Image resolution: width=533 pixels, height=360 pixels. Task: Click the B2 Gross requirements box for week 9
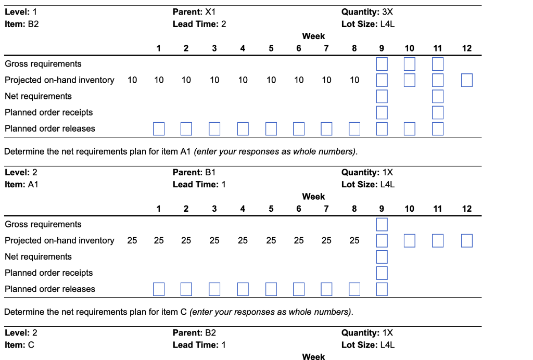tap(382, 64)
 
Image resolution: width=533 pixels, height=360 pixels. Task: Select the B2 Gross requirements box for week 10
tap(410, 64)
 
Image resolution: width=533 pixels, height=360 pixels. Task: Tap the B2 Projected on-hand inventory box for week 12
tap(466, 80)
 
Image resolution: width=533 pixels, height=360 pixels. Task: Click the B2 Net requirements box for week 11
tap(438, 96)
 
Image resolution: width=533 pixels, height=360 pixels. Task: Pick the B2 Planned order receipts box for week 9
tap(382, 112)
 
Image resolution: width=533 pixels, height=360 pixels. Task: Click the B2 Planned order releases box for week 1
tap(159, 128)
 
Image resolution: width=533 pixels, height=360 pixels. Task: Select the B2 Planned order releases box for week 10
tap(410, 128)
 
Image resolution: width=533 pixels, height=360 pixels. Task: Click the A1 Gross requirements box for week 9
tap(382, 224)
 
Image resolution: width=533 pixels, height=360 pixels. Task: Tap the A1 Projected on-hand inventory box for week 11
tap(438, 240)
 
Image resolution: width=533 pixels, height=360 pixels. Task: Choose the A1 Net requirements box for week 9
tap(382, 256)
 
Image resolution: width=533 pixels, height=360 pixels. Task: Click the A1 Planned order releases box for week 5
tap(271, 289)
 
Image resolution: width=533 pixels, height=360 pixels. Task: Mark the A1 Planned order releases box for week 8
tap(354, 289)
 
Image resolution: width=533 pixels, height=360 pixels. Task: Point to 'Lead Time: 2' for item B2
tap(199, 24)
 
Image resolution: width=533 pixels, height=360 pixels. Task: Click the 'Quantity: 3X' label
tap(367, 11)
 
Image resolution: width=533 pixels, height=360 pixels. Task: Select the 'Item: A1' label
tap(21, 184)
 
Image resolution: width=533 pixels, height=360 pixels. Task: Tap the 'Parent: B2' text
tap(194, 332)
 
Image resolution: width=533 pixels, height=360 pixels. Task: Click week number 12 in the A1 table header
tap(466, 209)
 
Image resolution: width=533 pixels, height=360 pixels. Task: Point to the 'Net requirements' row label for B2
tap(38, 96)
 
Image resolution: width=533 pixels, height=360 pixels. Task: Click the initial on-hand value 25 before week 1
tap(132, 240)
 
